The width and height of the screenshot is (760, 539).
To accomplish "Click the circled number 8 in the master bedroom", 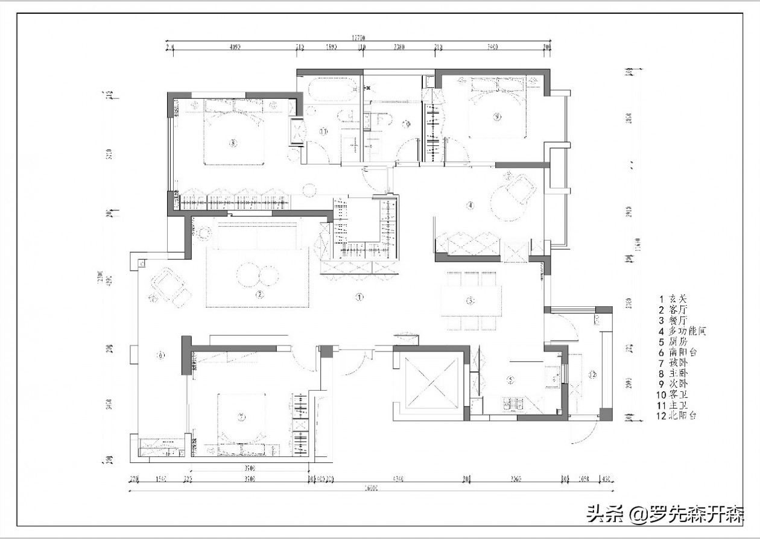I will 233,143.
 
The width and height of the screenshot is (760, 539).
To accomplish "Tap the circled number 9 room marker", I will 497,118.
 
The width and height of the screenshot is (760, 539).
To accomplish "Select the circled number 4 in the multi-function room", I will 470,206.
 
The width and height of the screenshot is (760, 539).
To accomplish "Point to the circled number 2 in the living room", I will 259,295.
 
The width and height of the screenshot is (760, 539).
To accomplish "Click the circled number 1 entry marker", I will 359,297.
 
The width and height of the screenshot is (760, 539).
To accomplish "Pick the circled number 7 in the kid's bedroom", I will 241,417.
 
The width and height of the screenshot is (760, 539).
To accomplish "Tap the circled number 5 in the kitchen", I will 510,380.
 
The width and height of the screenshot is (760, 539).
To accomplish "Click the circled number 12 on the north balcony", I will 592,375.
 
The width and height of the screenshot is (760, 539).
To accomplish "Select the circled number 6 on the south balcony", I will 160,355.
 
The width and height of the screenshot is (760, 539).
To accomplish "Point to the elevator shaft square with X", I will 429,383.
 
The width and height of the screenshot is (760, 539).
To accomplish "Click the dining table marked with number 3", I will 471,301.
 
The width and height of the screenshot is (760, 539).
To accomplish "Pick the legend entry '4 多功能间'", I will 682,331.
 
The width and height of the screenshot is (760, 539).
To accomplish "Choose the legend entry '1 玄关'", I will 673,298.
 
